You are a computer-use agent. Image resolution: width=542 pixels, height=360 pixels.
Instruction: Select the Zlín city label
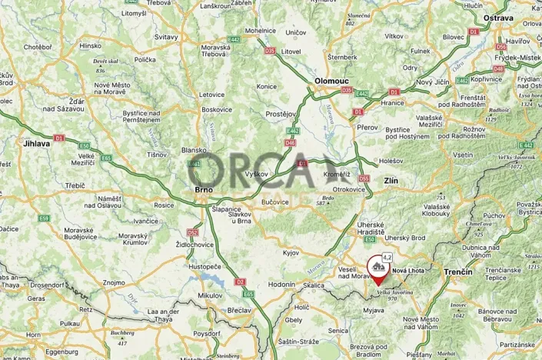[391, 181]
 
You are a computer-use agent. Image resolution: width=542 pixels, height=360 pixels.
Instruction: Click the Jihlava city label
[36, 143]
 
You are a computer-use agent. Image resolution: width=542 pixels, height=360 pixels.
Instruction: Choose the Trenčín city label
[462, 272]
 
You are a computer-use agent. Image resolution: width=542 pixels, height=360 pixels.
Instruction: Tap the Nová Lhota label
[409, 271]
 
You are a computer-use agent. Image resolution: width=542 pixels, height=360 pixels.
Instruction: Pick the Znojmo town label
[114, 282]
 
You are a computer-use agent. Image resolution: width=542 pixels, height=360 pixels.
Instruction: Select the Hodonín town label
[281, 284]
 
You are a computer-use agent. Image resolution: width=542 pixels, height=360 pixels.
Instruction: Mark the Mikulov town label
[188, 295]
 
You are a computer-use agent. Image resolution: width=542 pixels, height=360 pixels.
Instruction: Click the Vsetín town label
[462, 154]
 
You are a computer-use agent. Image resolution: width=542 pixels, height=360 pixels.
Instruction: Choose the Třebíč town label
[75, 185]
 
